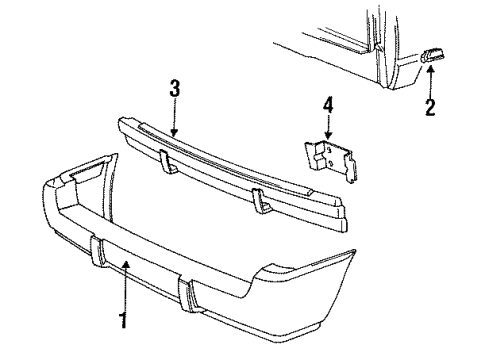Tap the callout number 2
pos(430,106)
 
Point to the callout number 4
pos(327,104)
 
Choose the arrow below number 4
pos(327,128)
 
